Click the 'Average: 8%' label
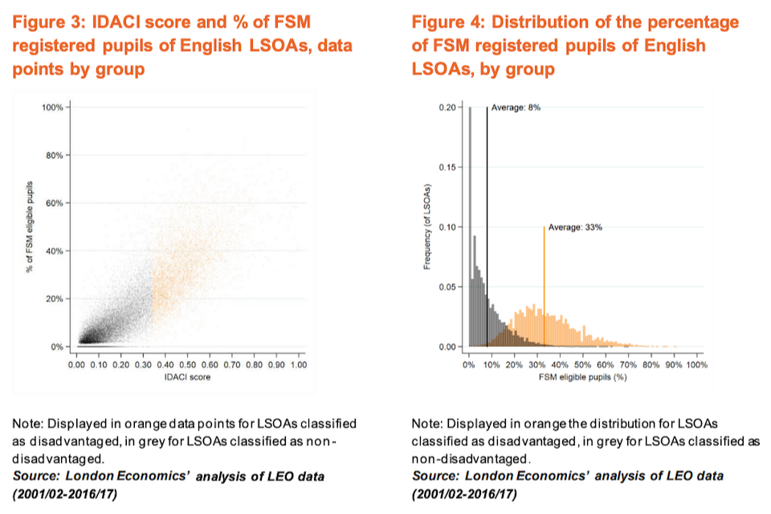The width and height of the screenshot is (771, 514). coord(515,108)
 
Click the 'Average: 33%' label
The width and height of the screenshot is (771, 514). coord(574,227)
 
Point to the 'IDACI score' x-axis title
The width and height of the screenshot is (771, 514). coord(187,377)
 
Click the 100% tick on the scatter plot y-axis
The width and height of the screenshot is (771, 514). coord(52,107)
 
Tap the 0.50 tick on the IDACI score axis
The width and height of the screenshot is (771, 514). coord(187,365)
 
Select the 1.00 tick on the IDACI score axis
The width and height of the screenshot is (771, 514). coord(298,365)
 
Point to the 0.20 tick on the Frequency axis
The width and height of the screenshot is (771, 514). coord(449,108)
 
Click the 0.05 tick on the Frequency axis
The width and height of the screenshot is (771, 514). coord(449,287)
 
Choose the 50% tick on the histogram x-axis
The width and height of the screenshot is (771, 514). coord(582,365)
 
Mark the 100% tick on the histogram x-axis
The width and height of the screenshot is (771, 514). coord(696,365)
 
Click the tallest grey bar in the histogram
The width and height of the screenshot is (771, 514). coord(470,225)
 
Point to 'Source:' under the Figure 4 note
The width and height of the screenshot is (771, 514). coord(434,476)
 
